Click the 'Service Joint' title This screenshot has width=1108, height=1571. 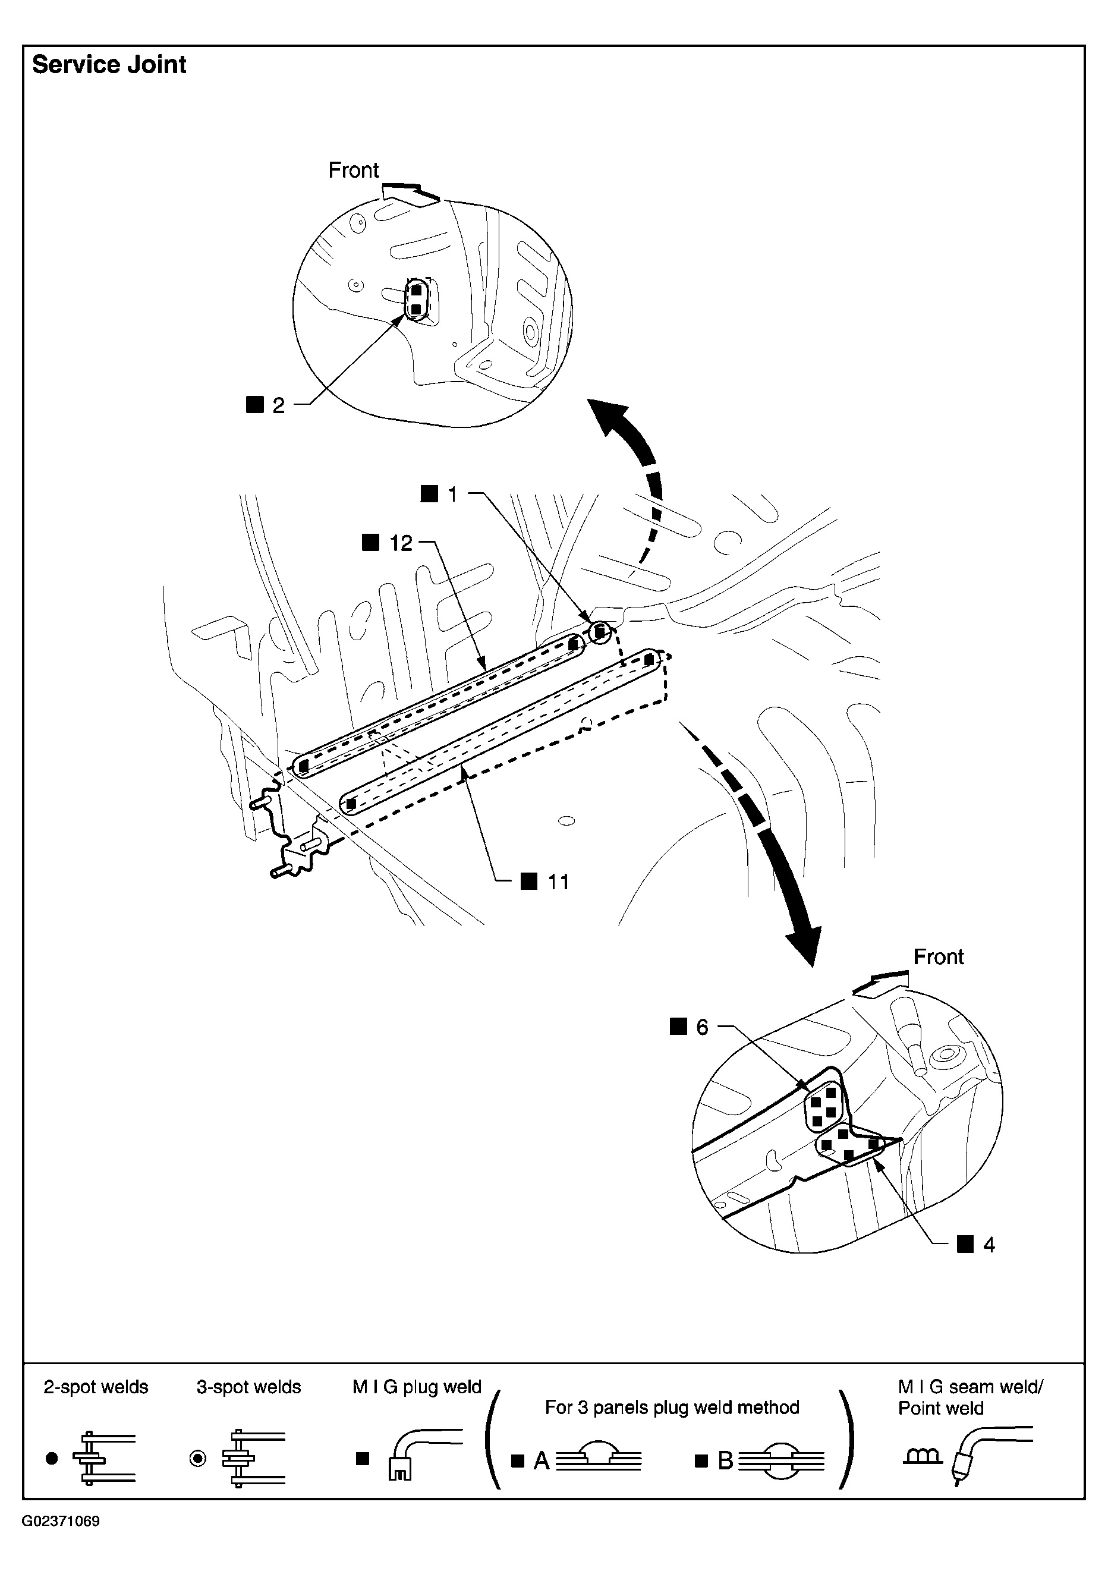coord(109,65)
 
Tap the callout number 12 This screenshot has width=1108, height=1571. coord(401,543)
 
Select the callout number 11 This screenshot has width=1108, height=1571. coord(558,882)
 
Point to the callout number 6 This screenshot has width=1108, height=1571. coord(702,1027)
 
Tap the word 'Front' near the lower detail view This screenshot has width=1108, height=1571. coord(938,956)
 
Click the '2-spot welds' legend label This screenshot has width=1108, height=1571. coord(96,1387)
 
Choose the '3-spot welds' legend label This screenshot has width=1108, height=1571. coord(249,1387)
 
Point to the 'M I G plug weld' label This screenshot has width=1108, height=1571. coord(417,1387)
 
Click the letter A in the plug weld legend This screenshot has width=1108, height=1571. coord(542,1461)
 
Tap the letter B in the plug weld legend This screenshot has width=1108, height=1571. coord(725,1461)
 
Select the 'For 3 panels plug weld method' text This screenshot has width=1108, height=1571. coord(672,1408)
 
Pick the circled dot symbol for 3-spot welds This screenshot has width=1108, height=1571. coord(198,1459)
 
